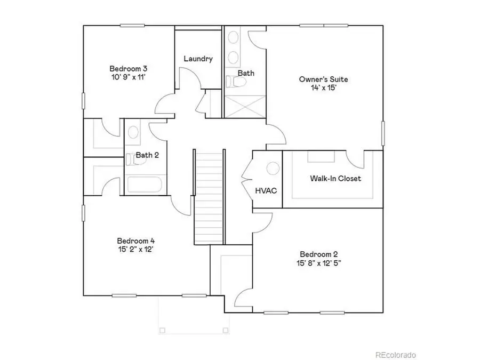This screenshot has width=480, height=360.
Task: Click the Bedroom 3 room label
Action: [x=128, y=68]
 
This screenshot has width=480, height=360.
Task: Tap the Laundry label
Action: [x=198, y=59]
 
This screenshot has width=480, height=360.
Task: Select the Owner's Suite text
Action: [x=319, y=79]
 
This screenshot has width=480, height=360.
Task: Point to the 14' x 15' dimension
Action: [x=319, y=88]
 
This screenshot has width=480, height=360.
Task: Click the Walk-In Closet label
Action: [x=335, y=178]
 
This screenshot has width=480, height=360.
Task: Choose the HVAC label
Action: [x=266, y=190]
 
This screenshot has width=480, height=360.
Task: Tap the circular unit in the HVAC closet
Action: [x=273, y=169]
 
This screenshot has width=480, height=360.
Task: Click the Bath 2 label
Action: [x=147, y=155]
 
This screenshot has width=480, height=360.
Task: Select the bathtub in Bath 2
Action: [x=145, y=185]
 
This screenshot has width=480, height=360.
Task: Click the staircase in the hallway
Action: [x=209, y=197]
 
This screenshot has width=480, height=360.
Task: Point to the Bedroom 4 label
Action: [x=136, y=240]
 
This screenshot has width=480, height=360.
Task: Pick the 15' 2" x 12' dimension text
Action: [x=136, y=249]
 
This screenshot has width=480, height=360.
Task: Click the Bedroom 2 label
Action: [x=319, y=254]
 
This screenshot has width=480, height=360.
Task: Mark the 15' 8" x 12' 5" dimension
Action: [x=319, y=263]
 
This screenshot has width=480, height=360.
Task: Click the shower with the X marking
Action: [x=244, y=106]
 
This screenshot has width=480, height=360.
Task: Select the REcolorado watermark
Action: [x=395, y=355]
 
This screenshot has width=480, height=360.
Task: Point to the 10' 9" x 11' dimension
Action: [x=128, y=77]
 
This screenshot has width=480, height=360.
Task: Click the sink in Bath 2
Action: [x=133, y=132]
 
